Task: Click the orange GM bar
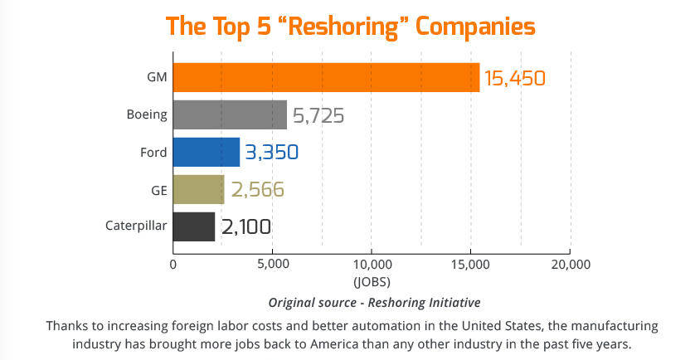[326, 78]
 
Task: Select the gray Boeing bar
[230, 115]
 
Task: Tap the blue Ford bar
[206, 153]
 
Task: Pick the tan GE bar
[198, 190]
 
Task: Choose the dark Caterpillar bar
[193, 226]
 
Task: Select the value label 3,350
[271, 153]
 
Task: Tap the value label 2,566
[257, 190]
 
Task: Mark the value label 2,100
[246, 227]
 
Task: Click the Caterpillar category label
[136, 226]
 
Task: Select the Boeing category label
[147, 114]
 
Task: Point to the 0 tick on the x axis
[173, 265]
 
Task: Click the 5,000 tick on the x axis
[272, 265]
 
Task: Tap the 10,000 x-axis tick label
[371, 265]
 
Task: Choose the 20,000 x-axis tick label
[569, 265]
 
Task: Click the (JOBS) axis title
[371, 281]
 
